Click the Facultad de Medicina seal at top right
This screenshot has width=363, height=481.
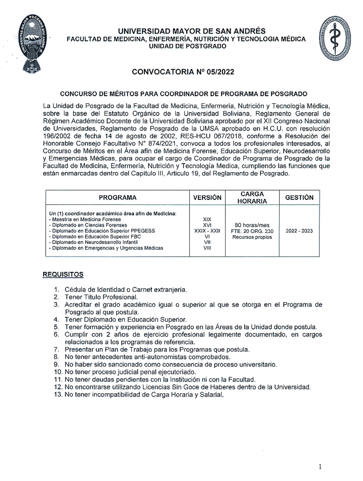[x=335, y=38]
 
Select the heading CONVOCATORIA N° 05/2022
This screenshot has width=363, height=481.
[x=183, y=72]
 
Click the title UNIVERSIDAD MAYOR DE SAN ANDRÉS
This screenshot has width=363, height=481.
[x=192, y=31]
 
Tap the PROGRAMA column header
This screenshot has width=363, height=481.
[x=118, y=198]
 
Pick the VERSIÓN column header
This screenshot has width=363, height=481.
[x=207, y=198]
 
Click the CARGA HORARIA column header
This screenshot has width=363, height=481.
[x=252, y=198]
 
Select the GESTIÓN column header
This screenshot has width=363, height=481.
[x=299, y=198]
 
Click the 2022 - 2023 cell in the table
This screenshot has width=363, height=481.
[x=299, y=231]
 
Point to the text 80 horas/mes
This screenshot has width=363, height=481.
[x=252, y=225]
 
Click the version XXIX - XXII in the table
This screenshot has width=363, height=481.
[x=207, y=231]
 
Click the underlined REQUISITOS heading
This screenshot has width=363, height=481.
[x=63, y=274]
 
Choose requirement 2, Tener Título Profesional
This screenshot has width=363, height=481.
[x=101, y=297]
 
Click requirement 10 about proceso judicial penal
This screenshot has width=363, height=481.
[x=130, y=372]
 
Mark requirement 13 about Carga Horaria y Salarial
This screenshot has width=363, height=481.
[x=144, y=395]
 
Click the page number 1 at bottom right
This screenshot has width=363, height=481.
[x=320, y=467]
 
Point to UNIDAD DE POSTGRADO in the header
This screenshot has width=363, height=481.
[x=188, y=46]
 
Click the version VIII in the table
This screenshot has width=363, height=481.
[x=207, y=248]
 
